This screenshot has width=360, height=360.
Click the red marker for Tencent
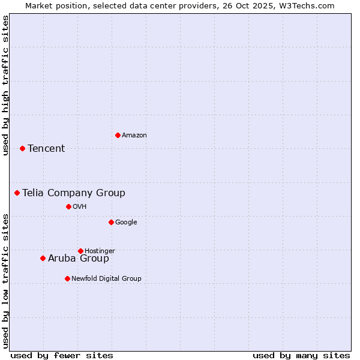(22, 148)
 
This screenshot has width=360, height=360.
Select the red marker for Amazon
(118, 135)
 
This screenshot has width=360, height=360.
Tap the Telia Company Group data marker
(17, 193)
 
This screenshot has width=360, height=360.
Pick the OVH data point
(68, 206)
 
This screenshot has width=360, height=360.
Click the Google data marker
(111, 222)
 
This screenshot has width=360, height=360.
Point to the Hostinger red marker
(80, 251)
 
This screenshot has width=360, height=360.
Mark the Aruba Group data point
(43, 258)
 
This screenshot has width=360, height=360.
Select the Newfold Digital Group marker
(67, 278)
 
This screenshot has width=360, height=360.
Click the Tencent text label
(46, 149)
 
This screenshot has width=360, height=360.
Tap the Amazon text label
(134, 136)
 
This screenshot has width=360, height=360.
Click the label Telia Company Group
(74, 193)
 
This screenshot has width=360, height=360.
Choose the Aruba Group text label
(79, 259)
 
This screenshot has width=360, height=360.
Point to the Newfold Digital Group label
(106, 278)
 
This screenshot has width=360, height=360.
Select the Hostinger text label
(100, 251)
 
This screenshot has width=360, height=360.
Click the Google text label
(126, 222)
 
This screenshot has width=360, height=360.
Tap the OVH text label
(80, 207)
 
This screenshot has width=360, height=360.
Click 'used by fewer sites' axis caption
(62, 355)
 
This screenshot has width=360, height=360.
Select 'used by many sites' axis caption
(301, 355)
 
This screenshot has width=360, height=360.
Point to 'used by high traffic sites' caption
(5, 85)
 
